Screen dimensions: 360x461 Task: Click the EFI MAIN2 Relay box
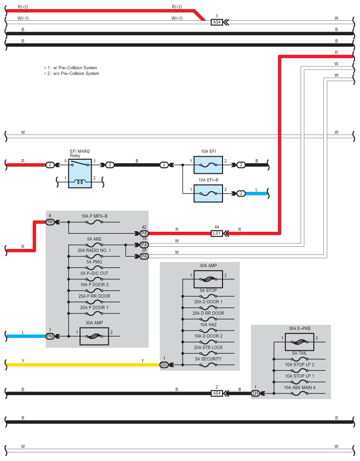(x=80, y=173)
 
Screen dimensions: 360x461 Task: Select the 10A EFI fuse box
(x=208, y=165)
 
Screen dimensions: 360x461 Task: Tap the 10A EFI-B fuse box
(x=208, y=193)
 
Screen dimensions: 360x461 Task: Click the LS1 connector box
(x=217, y=233)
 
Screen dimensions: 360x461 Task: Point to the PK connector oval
(x=50, y=222)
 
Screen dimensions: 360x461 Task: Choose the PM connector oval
(x=50, y=336)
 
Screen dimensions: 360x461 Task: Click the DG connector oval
(x=164, y=365)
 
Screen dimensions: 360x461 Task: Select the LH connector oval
(x=255, y=393)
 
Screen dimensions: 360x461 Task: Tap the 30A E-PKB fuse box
(x=300, y=342)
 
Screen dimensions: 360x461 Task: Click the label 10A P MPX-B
(x=94, y=216)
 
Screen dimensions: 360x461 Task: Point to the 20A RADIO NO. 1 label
(x=94, y=250)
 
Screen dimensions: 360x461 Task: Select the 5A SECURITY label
(x=208, y=359)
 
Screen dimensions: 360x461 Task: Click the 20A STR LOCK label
(x=208, y=348)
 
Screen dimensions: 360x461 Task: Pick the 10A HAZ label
(x=208, y=324)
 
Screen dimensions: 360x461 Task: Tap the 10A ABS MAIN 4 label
(x=300, y=387)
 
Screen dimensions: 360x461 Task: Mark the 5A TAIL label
(x=300, y=353)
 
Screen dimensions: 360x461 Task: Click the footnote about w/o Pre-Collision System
(x=71, y=74)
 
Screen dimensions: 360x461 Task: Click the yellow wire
(x=83, y=365)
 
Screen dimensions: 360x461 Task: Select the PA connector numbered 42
(x=144, y=233)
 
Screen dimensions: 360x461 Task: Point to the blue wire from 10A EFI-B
(x=257, y=193)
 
